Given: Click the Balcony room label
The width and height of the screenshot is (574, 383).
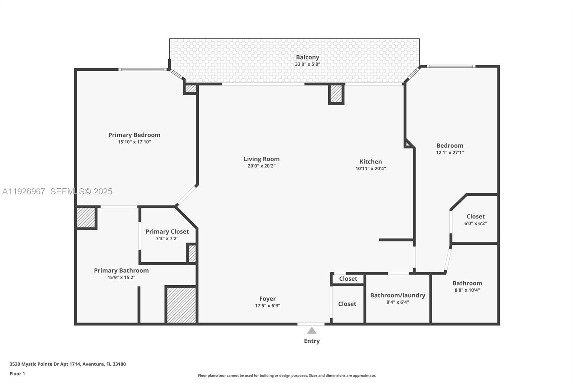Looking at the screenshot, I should pyautogui.click(x=307, y=57).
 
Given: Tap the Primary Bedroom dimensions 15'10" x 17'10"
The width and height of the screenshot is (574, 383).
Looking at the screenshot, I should pyautogui.click(x=134, y=142).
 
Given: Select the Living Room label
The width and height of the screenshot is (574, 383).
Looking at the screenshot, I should pyautogui.click(x=262, y=159).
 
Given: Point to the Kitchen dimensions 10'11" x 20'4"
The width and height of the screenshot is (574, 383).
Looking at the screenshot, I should pyautogui.click(x=371, y=169).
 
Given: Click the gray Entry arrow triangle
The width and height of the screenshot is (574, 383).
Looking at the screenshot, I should pyautogui.click(x=312, y=331).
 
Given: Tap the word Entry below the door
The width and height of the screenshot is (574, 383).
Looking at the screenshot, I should pyautogui.click(x=312, y=341).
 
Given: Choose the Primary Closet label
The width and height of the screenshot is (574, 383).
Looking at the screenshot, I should pyautogui.click(x=167, y=231).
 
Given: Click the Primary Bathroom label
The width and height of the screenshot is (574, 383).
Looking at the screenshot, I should pyautogui.click(x=121, y=271).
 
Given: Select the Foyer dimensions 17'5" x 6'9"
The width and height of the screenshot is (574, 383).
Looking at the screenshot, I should pyautogui.click(x=268, y=306).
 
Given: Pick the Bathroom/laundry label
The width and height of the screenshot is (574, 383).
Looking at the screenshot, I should pyautogui.click(x=397, y=295).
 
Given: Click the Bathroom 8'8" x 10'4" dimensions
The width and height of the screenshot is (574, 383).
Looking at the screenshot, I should pyautogui.click(x=467, y=290).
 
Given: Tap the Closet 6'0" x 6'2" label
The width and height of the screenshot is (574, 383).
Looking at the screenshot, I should pyautogui.click(x=475, y=216).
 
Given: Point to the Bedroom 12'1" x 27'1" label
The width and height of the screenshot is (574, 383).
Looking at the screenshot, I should pyautogui.click(x=450, y=146).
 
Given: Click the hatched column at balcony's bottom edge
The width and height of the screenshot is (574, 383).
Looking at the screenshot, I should pyautogui.click(x=336, y=93).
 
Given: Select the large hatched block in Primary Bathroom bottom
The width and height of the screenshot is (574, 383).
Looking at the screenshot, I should pyautogui.click(x=181, y=305).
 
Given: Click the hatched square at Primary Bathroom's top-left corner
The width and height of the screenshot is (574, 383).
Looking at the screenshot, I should pyautogui.click(x=86, y=218).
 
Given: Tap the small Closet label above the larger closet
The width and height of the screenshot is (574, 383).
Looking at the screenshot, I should pyautogui.click(x=348, y=279).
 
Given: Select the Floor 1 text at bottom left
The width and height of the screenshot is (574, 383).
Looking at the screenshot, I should pyautogui.click(x=17, y=374).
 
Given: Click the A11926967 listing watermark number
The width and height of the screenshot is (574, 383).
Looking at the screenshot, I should pyautogui.click(x=24, y=191).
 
